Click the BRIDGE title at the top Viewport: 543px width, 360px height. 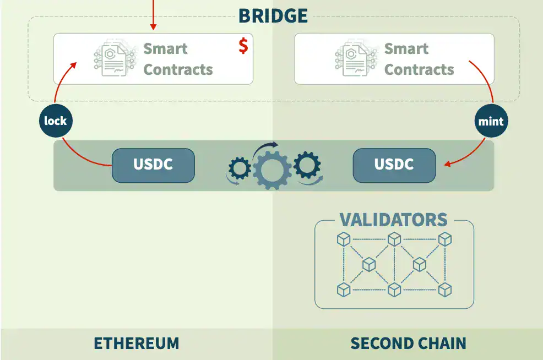coord(273,15)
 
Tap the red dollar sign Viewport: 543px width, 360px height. coord(243,46)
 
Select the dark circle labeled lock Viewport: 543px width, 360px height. coord(56,121)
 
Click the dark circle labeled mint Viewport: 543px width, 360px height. coord(491,121)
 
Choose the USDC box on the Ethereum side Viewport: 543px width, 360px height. coord(153,165)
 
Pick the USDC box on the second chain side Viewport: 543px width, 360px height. coord(394,165)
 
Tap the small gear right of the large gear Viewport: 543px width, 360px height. coord(307,164)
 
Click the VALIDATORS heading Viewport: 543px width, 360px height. coord(393,220)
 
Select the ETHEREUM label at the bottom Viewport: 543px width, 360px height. coord(136,343)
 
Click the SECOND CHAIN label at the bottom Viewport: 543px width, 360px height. coord(408,343)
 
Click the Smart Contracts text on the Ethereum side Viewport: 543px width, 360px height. coord(177,59)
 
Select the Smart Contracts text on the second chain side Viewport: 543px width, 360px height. coord(419,59)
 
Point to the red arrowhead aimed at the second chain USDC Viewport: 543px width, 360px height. coord(448,163)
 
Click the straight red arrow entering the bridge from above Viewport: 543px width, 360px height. coord(153,14)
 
